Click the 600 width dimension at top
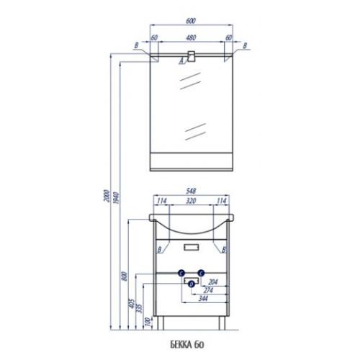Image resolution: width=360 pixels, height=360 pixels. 191,21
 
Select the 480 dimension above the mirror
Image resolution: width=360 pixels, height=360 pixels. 191,37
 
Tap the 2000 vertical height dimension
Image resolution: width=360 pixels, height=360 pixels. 107,196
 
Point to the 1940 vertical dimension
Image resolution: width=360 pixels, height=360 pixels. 116,197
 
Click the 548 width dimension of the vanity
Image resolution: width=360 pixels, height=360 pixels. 191,191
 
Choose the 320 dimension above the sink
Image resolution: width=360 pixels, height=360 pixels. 191,201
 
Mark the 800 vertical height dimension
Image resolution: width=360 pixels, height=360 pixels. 124,276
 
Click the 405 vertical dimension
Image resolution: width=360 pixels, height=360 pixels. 132,304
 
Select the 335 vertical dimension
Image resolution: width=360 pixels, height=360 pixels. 139,308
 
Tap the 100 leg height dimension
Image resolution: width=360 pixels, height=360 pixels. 148,322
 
